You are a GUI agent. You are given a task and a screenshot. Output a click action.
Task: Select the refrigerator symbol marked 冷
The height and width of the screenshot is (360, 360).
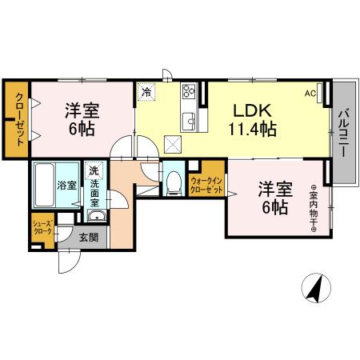pyautogui.click(x=146, y=91)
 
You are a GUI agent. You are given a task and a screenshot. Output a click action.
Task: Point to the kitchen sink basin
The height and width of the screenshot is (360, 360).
pyautogui.click(x=190, y=121)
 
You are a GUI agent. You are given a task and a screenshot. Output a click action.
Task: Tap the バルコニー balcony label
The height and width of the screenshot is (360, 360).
pyautogui.click(x=342, y=133)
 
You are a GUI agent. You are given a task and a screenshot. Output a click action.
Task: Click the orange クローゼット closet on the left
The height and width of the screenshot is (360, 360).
pyautogui.click(x=16, y=120)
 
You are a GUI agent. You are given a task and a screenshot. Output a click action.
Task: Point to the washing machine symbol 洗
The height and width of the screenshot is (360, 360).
pyautogui.click(x=94, y=170)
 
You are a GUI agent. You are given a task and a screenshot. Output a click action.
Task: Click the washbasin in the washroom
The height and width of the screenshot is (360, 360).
pyautogui.click(x=94, y=216)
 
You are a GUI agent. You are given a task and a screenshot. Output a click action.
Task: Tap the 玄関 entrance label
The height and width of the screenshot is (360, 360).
pyautogui.click(x=89, y=237)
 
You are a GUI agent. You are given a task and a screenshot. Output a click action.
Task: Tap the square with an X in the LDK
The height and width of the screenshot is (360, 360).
pyautogui.click(x=172, y=144)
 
